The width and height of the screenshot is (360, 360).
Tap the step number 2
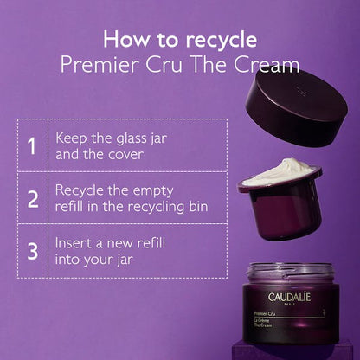point(32,198)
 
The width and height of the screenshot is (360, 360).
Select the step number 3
point(32,251)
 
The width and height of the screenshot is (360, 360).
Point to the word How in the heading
point(122,39)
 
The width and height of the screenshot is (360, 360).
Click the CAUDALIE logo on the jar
point(289,298)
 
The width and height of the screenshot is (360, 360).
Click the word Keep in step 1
point(73,138)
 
